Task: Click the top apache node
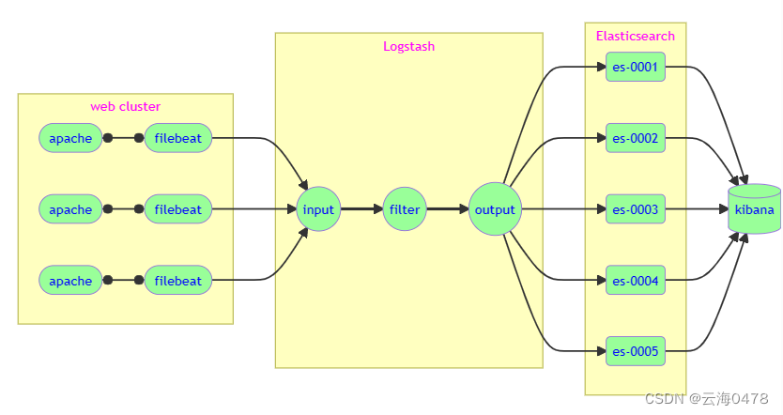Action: point(70,138)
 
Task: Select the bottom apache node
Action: point(70,281)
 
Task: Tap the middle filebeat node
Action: point(178,209)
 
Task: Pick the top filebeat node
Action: point(178,138)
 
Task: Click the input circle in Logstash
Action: point(318,209)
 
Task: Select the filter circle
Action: point(405,209)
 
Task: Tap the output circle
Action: point(495,209)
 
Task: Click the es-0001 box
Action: point(636,67)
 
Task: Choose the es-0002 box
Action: point(636,138)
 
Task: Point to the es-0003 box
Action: point(636,209)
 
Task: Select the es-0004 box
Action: point(636,281)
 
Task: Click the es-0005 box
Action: point(636,352)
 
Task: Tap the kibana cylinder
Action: point(754,209)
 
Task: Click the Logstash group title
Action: point(408,46)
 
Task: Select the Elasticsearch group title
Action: point(635,36)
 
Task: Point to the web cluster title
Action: point(125,106)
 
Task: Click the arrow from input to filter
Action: point(361,209)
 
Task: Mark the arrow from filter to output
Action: point(448,209)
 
